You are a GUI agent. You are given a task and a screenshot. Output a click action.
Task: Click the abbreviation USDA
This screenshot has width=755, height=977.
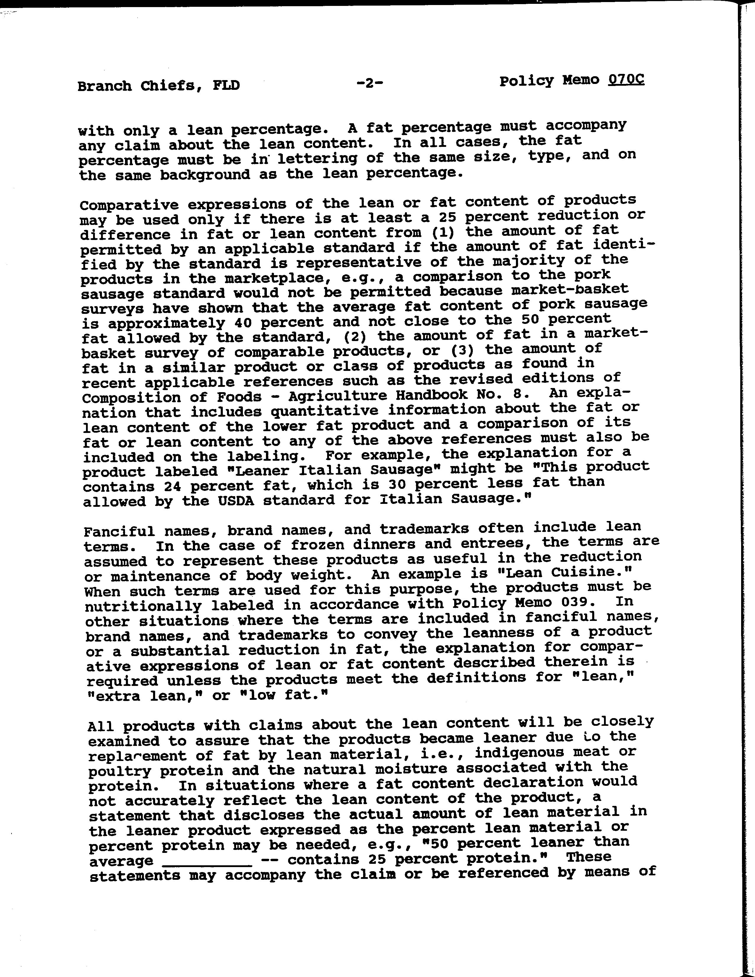tap(236, 500)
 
